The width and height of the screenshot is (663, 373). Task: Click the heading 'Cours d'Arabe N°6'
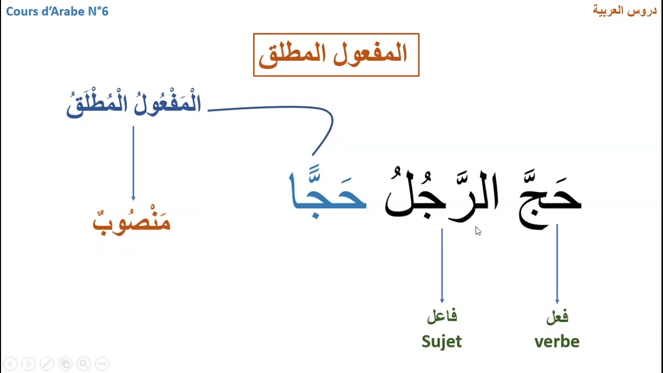pos(57,11)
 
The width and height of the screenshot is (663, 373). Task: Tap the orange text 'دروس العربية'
pos(625,11)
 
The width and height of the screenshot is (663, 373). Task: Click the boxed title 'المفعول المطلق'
pos(336,55)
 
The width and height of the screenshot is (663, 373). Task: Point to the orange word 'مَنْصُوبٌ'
pos(132,222)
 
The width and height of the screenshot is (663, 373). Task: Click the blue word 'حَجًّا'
pos(327,194)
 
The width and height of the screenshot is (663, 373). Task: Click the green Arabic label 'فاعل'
pos(442,316)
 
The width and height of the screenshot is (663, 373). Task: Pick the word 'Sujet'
pos(442,341)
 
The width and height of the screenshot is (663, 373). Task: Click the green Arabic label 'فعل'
pos(557,316)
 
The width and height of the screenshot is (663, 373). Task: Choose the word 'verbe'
pos(557,341)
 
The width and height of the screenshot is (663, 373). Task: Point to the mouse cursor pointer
pos(478,231)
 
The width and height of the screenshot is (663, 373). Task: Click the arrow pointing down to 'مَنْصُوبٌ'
pos(133,163)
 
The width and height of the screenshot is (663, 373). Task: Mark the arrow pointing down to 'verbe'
pos(557,264)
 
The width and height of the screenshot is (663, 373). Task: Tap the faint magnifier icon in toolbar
pos(84,364)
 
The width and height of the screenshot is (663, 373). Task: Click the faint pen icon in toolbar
pos(47,364)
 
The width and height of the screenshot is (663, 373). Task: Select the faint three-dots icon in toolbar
pos(102,364)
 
